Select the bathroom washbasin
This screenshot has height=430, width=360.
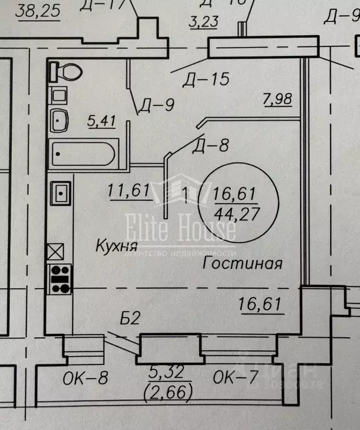59,119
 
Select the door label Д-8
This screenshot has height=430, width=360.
211,146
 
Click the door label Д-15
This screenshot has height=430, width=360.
205,79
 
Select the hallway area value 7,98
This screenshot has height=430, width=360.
277,100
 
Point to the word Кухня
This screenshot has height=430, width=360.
117,245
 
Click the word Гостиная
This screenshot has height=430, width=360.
242,263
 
